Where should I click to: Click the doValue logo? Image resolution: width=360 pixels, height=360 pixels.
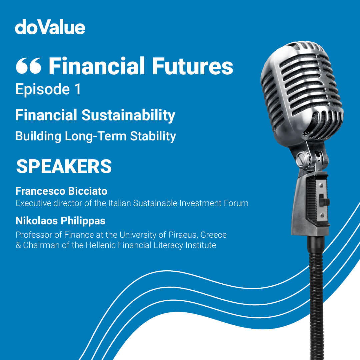50,27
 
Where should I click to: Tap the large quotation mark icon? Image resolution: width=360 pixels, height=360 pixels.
28,66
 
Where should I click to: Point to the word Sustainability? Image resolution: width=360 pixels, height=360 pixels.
128,115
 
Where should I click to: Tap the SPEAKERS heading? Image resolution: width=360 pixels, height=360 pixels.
64,166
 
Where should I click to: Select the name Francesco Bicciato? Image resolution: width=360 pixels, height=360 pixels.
61,191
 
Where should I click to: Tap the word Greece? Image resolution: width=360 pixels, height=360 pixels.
214,235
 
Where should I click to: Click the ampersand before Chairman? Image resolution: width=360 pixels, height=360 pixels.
18,245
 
